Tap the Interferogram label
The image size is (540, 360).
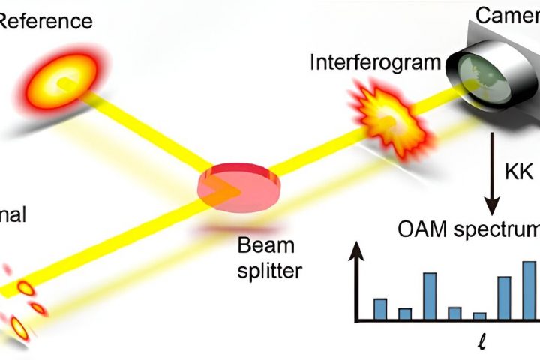point(375,62)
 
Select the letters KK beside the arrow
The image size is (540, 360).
point(517,173)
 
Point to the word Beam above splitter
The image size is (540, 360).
point(265,245)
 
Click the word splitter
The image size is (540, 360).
point(268,271)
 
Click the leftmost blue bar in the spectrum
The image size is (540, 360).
point(380,309)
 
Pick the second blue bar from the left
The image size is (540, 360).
point(405,313)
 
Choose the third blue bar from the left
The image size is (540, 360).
point(430,296)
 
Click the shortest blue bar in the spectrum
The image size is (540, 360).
point(479,316)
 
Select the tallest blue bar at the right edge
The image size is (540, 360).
point(529,291)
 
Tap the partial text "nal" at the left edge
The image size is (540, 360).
point(13,216)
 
